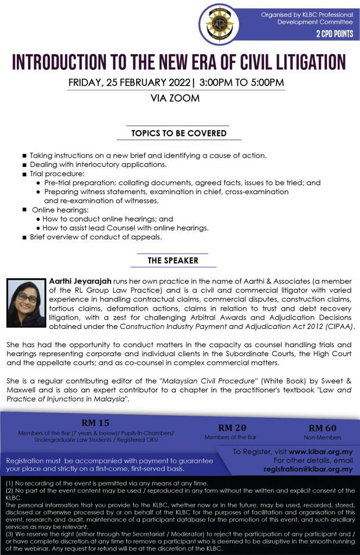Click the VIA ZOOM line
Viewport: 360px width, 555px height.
pyautogui.click(x=175, y=99)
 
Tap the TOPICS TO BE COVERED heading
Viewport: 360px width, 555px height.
pyautogui.click(x=179, y=133)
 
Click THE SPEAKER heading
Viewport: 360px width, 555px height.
pyautogui.click(x=173, y=261)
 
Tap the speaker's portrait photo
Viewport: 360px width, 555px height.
pyautogui.click(x=25, y=303)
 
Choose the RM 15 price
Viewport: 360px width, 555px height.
pyautogui.click(x=96, y=423)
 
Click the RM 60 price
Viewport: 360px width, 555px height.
pyautogui.click(x=323, y=428)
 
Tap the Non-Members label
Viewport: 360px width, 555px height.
pyautogui.click(x=323, y=437)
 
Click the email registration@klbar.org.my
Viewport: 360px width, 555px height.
pyautogui.click(x=308, y=469)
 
